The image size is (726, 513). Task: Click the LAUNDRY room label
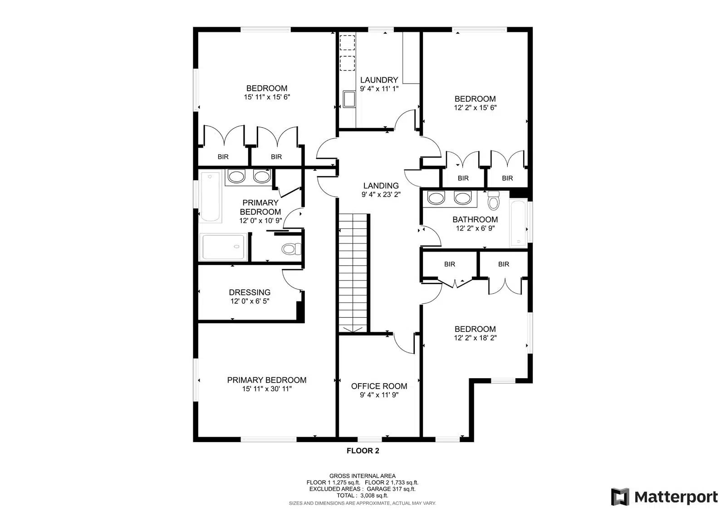coord(379,80)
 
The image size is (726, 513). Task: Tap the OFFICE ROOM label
coord(379,386)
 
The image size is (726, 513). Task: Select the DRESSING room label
coord(250,292)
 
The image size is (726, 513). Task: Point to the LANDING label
coord(381,186)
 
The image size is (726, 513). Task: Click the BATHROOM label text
coord(475,219)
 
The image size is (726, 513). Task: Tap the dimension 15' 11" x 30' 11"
coord(267,389)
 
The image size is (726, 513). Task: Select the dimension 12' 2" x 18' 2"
coord(475,338)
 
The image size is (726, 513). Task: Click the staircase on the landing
coord(353,273)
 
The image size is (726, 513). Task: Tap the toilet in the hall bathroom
coord(493,201)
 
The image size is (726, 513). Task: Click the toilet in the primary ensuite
coord(291,249)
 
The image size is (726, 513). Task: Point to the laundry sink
coord(349,99)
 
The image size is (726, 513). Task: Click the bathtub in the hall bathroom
coord(518,223)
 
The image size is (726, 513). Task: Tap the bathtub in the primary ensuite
coord(211,196)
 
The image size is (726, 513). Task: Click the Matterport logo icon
coord(620,497)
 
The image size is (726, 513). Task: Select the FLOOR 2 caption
coord(363,450)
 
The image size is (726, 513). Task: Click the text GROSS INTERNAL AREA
coord(363,476)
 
